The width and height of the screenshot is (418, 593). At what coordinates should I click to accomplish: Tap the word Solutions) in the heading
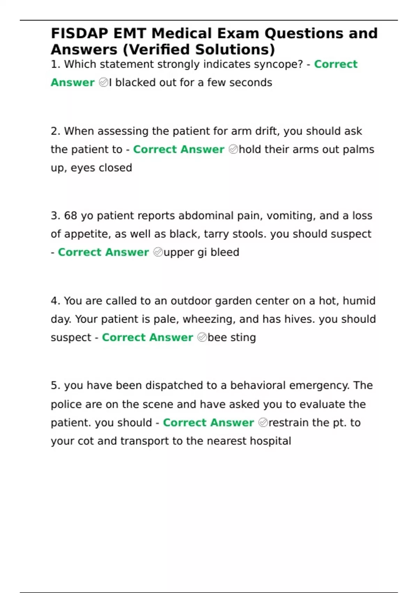click(x=235, y=50)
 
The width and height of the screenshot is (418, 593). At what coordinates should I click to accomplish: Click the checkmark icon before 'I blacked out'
click(x=103, y=83)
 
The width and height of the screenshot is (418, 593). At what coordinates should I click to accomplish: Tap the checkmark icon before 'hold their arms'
click(x=233, y=150)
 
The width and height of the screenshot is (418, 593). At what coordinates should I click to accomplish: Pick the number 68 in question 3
click(x=70, y=216)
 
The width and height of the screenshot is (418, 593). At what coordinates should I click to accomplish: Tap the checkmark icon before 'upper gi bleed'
click(x=158, y=252)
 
